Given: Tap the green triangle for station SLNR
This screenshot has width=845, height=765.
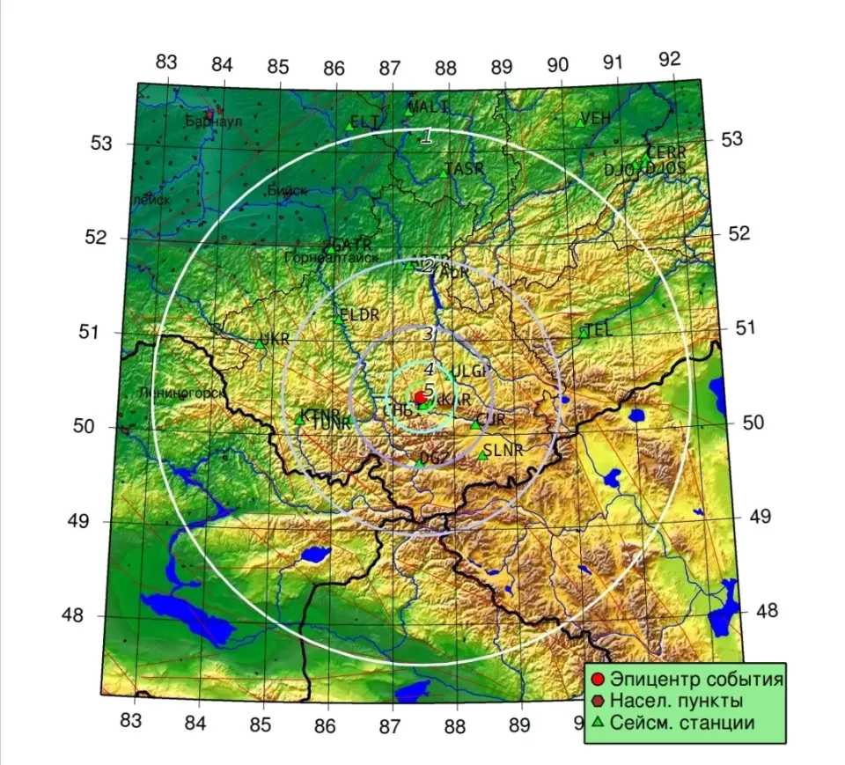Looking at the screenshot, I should [x=482, y=455].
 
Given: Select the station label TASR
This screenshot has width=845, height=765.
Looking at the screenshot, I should [x=465, y=169].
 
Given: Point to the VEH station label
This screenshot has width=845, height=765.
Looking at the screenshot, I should [x=596, y=118].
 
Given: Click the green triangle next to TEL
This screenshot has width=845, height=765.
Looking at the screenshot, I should [x=584, y=333].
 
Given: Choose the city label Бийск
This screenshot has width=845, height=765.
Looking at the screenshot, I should [x=286, y=190].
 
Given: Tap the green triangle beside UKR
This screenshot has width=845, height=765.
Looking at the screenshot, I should [x=261, y=343].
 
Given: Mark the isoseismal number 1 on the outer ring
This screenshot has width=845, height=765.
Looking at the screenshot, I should [x=427, y=136].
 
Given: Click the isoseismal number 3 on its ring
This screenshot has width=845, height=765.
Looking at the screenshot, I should [x=428, y=334].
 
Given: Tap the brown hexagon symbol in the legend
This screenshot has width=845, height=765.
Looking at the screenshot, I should [x=599, y=702].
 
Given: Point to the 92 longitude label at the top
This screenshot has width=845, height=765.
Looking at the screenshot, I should [x=670, y=59].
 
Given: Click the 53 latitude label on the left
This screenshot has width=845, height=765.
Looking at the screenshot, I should [x=101, y=143].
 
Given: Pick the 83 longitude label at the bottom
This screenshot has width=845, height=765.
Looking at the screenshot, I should [x=129, y=722].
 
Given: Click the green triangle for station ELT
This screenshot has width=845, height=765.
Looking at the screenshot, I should [x=349, y=127].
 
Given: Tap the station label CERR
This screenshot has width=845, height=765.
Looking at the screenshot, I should [x=666, y=152].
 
